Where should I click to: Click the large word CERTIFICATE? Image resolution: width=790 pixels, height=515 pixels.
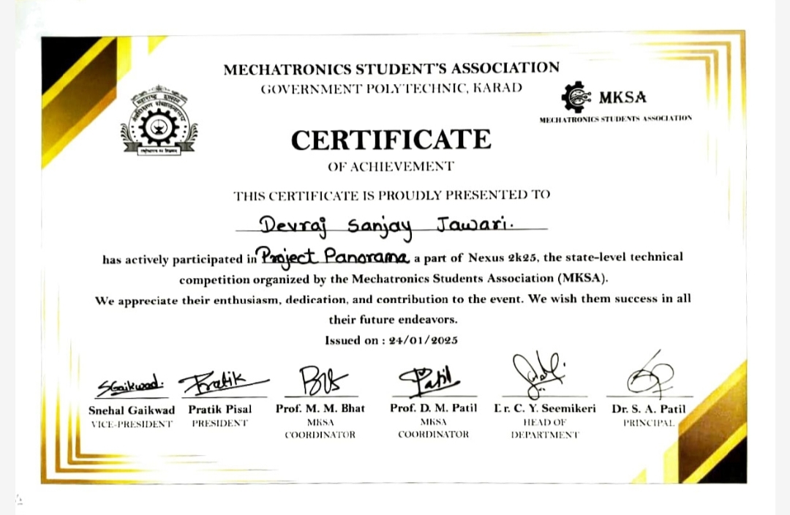[x=391, y=139]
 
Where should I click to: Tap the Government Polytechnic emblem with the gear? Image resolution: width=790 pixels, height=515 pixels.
[x=159, y=120]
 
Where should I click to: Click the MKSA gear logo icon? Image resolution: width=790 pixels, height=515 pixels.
[x=576, y=97]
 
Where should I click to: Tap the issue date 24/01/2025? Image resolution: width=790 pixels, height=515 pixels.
[x=422, y=340]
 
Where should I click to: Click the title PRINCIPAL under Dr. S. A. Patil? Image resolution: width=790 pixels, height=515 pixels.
[x=648, y=423]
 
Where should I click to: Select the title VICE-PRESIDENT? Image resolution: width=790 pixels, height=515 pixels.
[x=131, y=424]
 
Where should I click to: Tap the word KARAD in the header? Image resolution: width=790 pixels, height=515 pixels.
[x=498, y=89]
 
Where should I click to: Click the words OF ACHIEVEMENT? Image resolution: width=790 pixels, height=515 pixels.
[x=391, y=167]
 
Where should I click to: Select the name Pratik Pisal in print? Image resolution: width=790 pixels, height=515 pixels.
[x=219, y=409]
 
